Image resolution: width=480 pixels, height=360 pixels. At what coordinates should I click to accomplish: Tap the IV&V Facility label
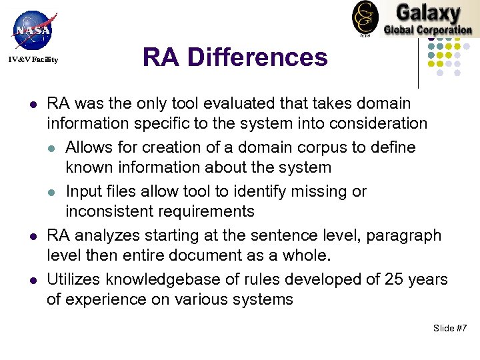click(x=33, y=60)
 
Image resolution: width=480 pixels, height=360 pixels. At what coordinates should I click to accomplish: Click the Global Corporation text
click(x=428, y=29)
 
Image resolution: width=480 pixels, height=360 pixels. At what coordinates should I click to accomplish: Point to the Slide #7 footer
click(x=450, y=328)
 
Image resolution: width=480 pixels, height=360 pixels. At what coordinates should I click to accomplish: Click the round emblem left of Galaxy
click(x=365, y=17)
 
